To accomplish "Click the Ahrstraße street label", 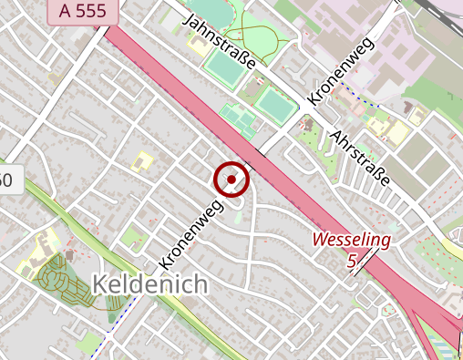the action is [362, 157].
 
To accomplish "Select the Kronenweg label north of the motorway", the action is [341, 71].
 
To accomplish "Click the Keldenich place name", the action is [150, 284].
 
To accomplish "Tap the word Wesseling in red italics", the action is [352, 241].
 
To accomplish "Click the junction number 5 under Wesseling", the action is [352, 262].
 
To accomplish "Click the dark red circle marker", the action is [231, 180].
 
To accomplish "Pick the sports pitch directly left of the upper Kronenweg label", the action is [275, 103].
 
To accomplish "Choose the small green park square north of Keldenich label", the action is [135, 239].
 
